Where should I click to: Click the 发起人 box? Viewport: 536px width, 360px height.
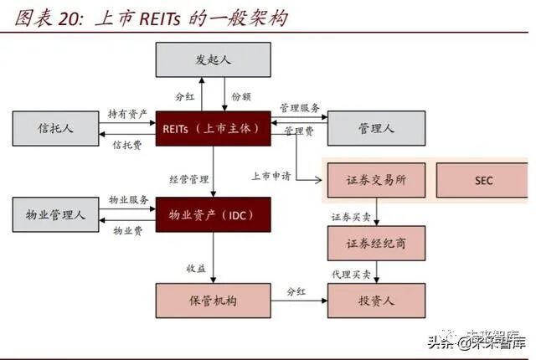214,59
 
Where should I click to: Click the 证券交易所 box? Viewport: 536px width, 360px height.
375,180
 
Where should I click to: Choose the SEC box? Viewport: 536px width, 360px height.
483,180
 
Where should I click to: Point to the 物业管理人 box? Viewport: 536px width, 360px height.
55,215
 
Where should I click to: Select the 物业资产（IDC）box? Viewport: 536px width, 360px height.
214,215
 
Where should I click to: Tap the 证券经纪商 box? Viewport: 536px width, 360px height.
375,243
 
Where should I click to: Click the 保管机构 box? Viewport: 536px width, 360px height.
214,300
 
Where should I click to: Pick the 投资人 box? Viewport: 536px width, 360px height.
375,300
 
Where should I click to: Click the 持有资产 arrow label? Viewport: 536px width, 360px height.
127,113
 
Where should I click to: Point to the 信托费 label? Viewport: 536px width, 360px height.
127,145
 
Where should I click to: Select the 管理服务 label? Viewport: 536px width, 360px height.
300,108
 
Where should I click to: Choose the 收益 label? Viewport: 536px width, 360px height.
196,268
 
